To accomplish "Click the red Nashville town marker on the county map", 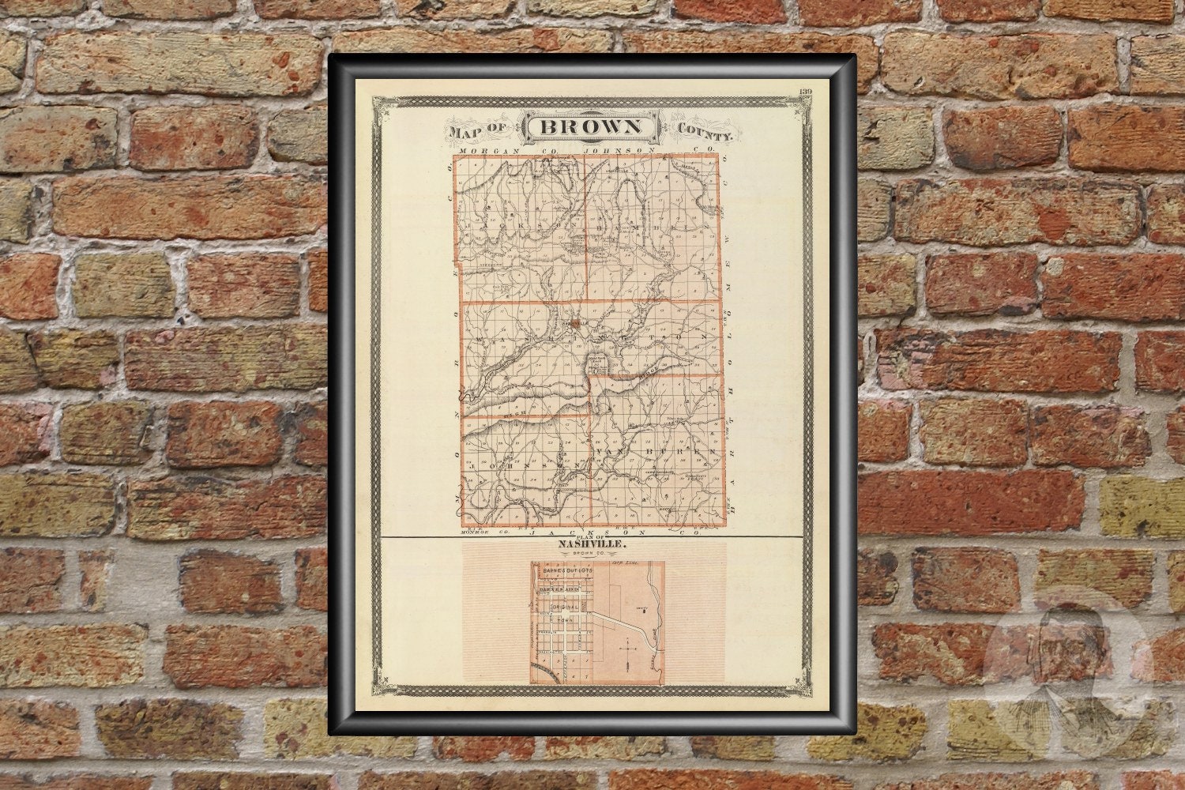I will [x=577, y=322].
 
